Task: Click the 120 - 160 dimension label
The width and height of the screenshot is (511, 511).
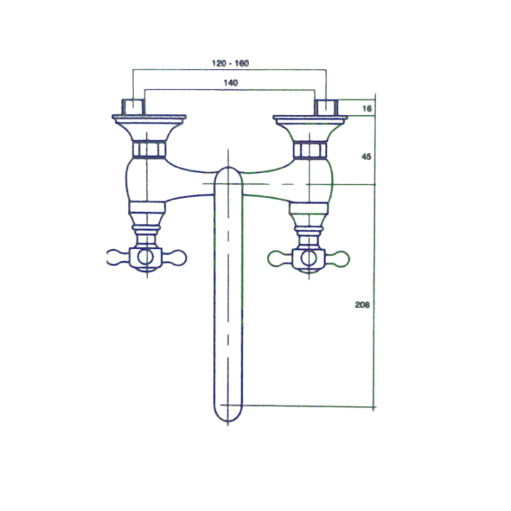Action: click(231, 63)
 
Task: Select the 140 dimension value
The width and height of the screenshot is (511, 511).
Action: click(231, 83)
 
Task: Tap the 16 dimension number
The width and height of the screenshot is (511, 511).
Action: click(367, 109)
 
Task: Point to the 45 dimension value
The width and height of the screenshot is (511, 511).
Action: click(366, 157)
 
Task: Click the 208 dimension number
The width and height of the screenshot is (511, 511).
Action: click(363, 304)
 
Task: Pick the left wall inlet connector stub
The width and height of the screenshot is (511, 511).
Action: click(133, 107)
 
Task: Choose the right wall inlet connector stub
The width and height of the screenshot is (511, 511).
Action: click(326, 108)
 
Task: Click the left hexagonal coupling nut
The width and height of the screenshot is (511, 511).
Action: click(149, 150)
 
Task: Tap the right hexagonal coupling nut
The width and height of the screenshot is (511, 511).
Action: click(310, 150)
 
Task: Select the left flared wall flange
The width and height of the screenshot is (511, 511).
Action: click(149, 126)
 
